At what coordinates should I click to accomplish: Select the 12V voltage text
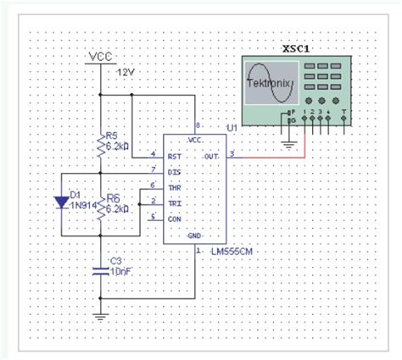[126, 72]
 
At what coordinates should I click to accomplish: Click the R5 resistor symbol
[101, 146]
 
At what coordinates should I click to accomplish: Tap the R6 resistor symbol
[101, 205]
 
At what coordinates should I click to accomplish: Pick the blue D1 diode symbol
[61, 202]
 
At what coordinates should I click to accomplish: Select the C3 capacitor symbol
[101, 270]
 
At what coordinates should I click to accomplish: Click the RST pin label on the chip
[175, 156]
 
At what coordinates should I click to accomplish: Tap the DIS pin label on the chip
[174, 171]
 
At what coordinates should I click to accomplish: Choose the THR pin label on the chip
[175, 186]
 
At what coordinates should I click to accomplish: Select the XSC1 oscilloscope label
[297, 48]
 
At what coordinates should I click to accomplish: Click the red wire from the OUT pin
[271, 156]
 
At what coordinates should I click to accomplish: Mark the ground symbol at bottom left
[101, 317]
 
